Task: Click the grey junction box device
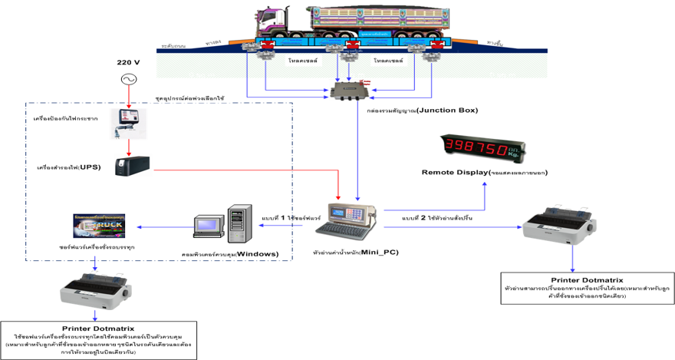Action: point(350,91)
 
